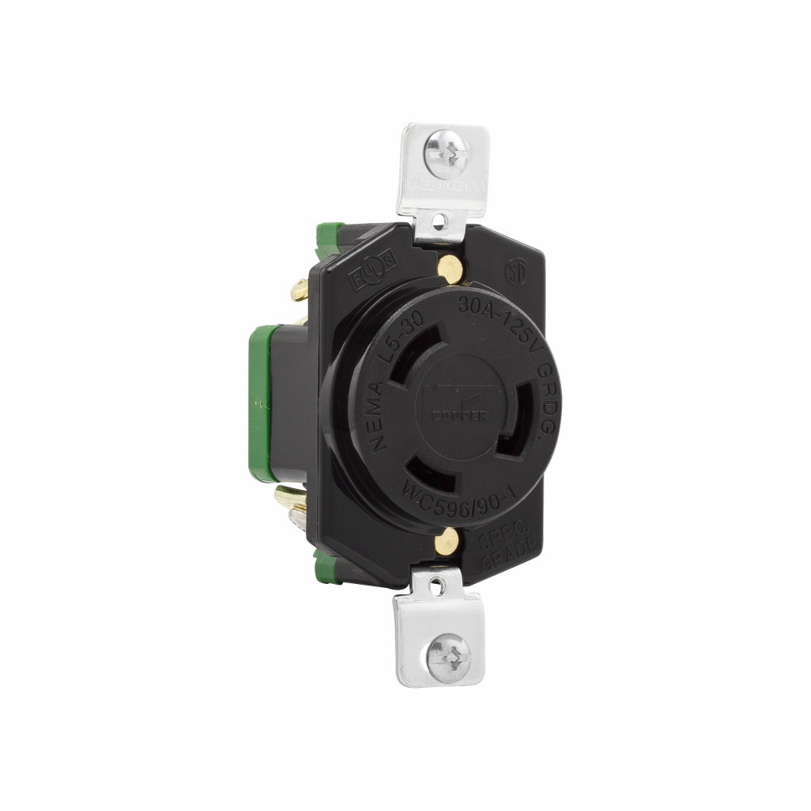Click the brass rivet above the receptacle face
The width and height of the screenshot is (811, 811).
point(444,264)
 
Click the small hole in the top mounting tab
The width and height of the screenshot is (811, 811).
point(439,220)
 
